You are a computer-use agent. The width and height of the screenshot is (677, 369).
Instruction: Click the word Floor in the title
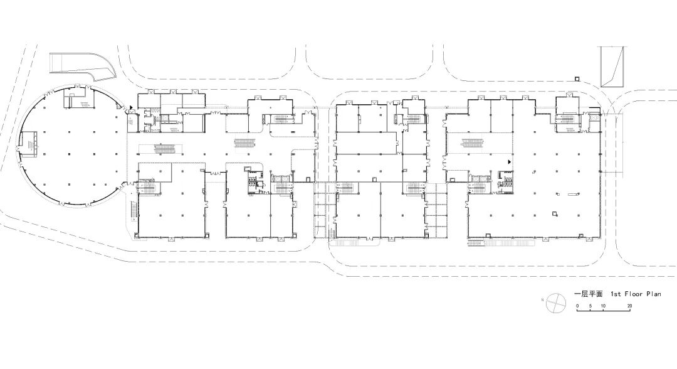click(633, 294)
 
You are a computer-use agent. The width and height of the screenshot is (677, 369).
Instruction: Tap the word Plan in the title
click(654, 294)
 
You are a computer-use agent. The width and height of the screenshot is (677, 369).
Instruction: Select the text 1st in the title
click(616, 294)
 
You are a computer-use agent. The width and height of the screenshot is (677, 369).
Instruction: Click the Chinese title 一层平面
click(588, 294)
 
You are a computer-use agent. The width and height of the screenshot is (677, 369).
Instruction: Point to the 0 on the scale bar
click(578, 306)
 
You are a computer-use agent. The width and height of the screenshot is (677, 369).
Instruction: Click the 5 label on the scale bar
click(590, 306)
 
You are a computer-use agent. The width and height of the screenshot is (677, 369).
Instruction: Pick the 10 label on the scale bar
click(603, 306)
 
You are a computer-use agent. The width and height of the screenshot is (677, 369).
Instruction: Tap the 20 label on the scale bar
click(629, 306)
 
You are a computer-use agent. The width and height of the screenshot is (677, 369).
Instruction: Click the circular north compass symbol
click(555, 302)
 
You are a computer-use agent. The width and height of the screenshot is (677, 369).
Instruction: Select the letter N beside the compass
click(542, 299)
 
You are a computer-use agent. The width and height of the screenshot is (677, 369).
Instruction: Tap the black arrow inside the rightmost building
click(510, 162)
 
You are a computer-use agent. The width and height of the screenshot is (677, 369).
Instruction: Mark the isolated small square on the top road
click(577, 78)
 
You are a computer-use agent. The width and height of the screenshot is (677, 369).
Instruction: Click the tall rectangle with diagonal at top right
click(612, 67)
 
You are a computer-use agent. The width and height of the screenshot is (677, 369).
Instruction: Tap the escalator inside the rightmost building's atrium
click(475, 142)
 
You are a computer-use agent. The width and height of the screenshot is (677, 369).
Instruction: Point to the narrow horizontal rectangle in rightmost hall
click(573, 194)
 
